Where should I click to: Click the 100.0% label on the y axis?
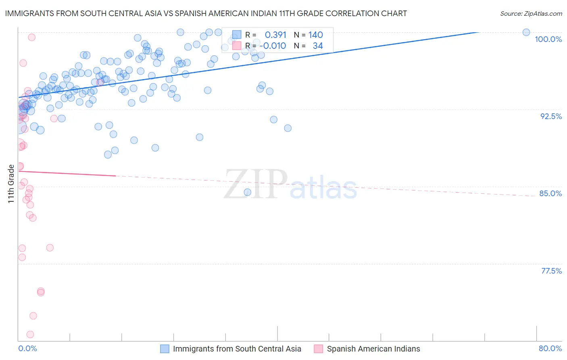click(x=548, y=39)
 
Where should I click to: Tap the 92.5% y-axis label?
click(x=551, y=116)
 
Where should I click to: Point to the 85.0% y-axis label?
click(x=550, y=193)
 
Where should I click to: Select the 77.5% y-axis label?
click(x=551, y=271)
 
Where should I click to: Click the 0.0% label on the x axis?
click(x=27, y=348)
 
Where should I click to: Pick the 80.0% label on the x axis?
click(x=550, y=348)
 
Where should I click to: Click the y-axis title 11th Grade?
click(x=11, y=184)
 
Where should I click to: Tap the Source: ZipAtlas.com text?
click(x=531, y=14)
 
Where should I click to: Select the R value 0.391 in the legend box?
click(x=275, y=35)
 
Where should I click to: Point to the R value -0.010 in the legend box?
click(x=273, y=46)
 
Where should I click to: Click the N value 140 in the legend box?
click(x=316, y=35)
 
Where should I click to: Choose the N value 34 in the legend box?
click(x=318, y=46)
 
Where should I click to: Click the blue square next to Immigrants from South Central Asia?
click(x=165, y=349)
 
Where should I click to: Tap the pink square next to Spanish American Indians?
click(x=319, y=349)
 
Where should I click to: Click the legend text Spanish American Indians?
click(x=373, y=349)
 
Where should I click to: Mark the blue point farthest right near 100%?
click(x=526, y=32)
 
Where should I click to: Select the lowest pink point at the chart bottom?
click(x=30, y=334)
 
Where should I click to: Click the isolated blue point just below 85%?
click(x=248, y=192)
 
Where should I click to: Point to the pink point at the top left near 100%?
click(x=31, y=37)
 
